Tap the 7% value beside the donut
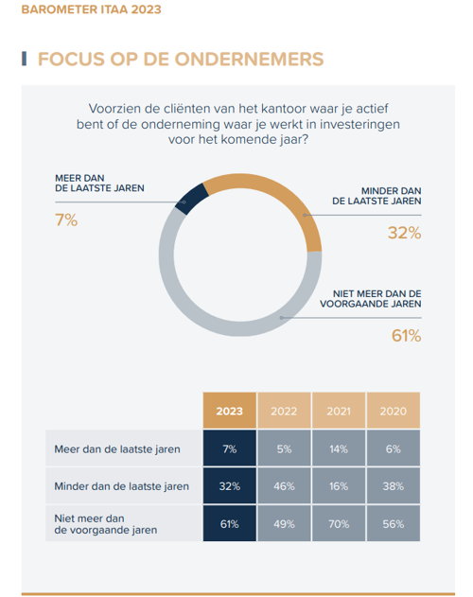66,220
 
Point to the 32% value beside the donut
405,233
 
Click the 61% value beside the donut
407,336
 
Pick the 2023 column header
229,411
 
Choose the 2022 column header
284,411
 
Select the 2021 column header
339,411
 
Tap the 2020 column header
394,411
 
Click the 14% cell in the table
339,448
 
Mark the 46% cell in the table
284,486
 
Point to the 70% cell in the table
339,524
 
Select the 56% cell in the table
394,524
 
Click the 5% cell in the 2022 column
284,448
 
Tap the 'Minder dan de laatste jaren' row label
121,486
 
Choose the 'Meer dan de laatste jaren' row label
117,448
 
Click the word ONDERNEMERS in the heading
249,59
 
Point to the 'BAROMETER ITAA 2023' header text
92,9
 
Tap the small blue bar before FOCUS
24,59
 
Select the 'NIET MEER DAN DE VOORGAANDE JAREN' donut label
371,299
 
